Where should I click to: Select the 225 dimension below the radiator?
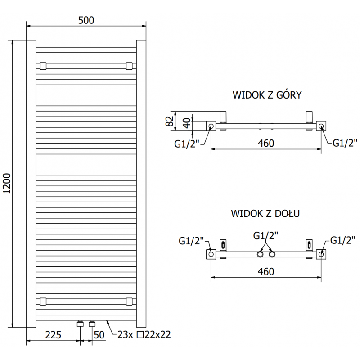coord(54,335)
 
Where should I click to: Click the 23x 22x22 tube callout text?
coord(144,335)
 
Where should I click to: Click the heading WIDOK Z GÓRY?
coord(267,95)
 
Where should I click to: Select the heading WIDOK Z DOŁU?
coord(265,213)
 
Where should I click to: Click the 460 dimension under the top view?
coord(266,143)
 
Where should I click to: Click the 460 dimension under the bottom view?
coord(266,271)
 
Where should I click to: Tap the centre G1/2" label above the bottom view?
coord(265,235)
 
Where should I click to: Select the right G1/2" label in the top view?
coord(345,143)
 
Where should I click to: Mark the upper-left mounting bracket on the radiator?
coord(43,66)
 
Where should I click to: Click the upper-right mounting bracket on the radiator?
coord(130,66)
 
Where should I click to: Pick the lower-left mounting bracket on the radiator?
coord(43,301)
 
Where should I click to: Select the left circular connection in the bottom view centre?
coord(261,255)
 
